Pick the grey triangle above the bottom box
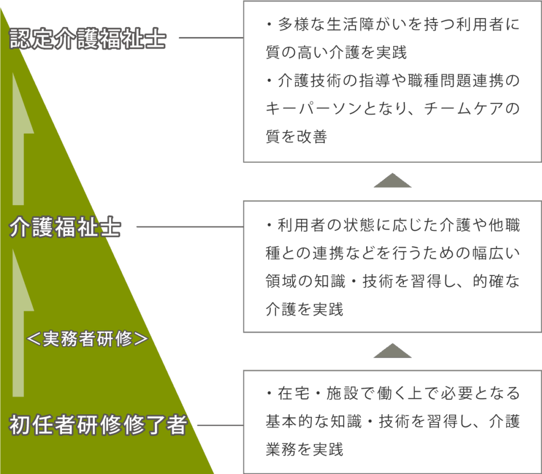pos(392,350)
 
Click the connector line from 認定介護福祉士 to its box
pos(211,38)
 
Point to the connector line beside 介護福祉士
pos(189,227)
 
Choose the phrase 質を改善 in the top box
pos(296,137)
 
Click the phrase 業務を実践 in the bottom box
pos(304,450)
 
